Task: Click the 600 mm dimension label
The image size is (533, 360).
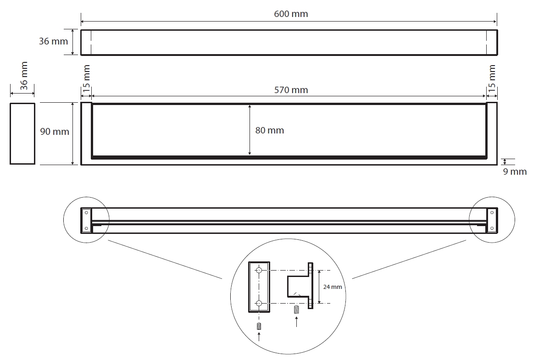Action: click(291, 14)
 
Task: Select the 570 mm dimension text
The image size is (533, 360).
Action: click(291, 90)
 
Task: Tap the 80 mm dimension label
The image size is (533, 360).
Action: click(270, 130)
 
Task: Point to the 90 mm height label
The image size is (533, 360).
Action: click(55, 132)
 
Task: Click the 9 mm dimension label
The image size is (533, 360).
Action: click(515, 172)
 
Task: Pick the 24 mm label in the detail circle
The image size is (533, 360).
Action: click(333, 287)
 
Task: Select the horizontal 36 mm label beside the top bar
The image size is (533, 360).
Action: click(53, 41)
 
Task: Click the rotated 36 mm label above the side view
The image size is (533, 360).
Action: click(24, 76)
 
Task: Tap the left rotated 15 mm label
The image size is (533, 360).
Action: click(86, 78)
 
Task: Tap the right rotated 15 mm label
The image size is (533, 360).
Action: click(492, 78)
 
